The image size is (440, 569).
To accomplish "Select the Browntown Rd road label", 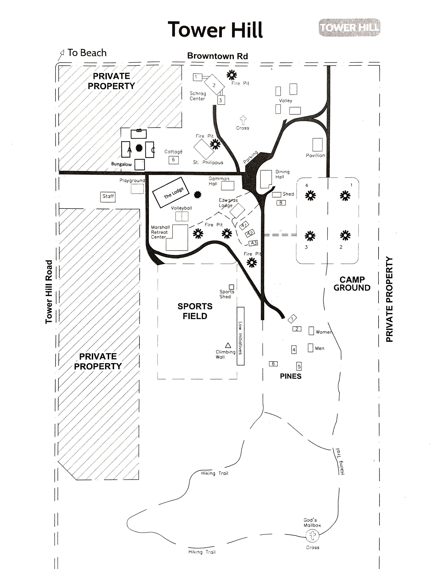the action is [217, 56].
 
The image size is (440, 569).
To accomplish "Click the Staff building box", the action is [108, 197].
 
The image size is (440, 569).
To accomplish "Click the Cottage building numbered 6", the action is [173, 160].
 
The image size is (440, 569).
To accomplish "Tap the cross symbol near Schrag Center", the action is [243, 120].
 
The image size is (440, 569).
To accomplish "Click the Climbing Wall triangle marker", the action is [228, 345].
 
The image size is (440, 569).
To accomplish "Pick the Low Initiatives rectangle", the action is [240, 336].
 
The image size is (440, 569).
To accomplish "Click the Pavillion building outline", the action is [317, 145].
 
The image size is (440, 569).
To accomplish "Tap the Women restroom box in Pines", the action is [311, 331].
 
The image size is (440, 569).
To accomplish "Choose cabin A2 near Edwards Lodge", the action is [250, 233].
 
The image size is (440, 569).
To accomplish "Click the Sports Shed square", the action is [231, 287].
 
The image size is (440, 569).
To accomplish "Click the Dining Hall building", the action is [266, 179].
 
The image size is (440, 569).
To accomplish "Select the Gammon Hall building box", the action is [227, 186].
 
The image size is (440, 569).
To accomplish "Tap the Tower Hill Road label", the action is [49, 292].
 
